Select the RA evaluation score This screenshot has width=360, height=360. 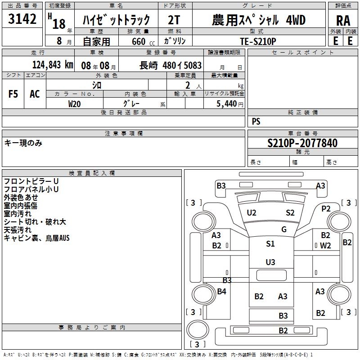point(343,21)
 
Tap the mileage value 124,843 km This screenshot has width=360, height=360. point(53,65)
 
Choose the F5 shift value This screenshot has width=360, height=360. point(13,94)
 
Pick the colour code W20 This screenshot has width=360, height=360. point(75,103)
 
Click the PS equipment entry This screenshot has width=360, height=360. point(256,121)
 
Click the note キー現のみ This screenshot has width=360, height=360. point(23,143)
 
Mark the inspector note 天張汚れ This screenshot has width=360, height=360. point(18,230)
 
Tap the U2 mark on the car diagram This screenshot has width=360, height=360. point(252,212)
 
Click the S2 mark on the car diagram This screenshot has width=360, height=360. point(290,212)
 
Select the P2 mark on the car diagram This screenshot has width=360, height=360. point(326,208)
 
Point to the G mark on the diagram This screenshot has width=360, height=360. point(283,229)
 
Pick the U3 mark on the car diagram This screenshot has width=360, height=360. point(270,262)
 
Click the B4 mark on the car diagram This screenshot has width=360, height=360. point(221,292)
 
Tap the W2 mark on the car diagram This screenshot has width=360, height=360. point(325,245)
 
